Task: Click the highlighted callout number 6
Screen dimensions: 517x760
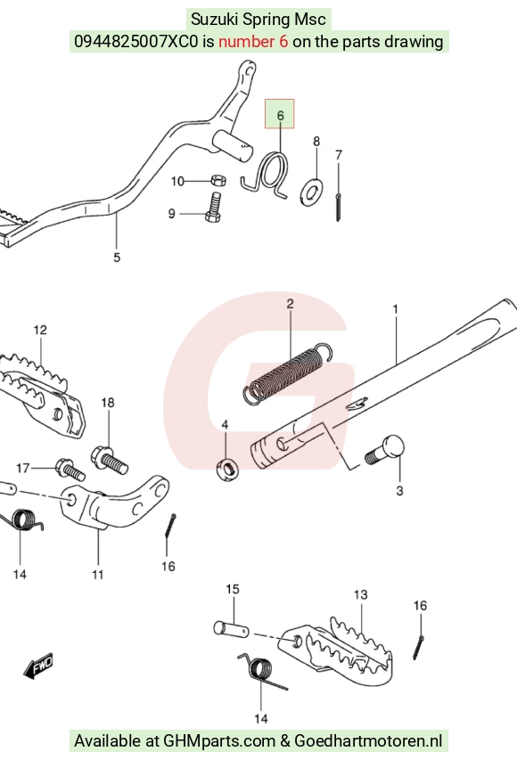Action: (280, 116)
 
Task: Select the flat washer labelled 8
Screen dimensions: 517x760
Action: (313, 192)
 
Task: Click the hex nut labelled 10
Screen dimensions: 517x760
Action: (218, 181)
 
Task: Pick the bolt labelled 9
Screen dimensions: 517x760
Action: (213, 207)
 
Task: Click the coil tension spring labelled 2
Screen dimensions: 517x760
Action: (287, 372)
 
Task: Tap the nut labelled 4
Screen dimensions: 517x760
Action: (227, 470)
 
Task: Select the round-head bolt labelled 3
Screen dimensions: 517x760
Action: (385, 449)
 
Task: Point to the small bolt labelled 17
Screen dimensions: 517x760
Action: (70, 469)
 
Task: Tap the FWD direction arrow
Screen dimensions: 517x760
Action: (38, 666)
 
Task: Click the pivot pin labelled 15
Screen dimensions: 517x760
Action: (232, 629)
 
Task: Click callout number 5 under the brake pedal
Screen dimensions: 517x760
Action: (117, 257)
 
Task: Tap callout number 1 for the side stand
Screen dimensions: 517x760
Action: (395, 309)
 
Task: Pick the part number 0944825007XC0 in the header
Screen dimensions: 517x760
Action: (136, 42)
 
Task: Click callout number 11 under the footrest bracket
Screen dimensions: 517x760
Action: (97, 575)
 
